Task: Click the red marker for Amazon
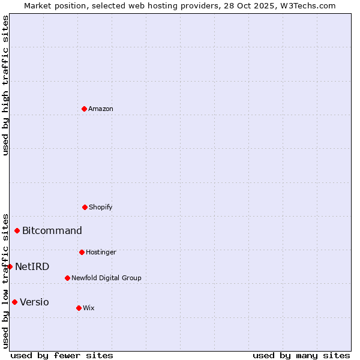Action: (x=84, y=109)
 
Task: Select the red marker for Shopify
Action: (x=85, y=207)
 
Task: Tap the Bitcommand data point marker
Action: (x=17, y=230)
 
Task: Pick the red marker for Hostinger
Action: (x=82, y=252)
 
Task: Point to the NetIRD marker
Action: (x=10, y=266)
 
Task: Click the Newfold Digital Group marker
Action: (x=67, y=278)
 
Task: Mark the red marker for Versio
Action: (x=14, y=302)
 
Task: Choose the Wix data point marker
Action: (x=79, y=308)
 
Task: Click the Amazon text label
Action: (x=101, y=109)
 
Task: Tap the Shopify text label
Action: (x=101, y=207)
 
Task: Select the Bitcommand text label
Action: (x=52, y=230)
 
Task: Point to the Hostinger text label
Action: (x=101, y=252)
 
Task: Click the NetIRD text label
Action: (x=32, y=266)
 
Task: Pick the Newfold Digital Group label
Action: (x=106, y=278)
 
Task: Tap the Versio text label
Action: (x=34, y=302)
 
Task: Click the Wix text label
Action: (x=89, y=308)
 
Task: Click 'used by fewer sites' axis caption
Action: (x=62, y=355)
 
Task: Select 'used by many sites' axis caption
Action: (x=301, y=355)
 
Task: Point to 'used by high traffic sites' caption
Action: (x=5, y=85)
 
